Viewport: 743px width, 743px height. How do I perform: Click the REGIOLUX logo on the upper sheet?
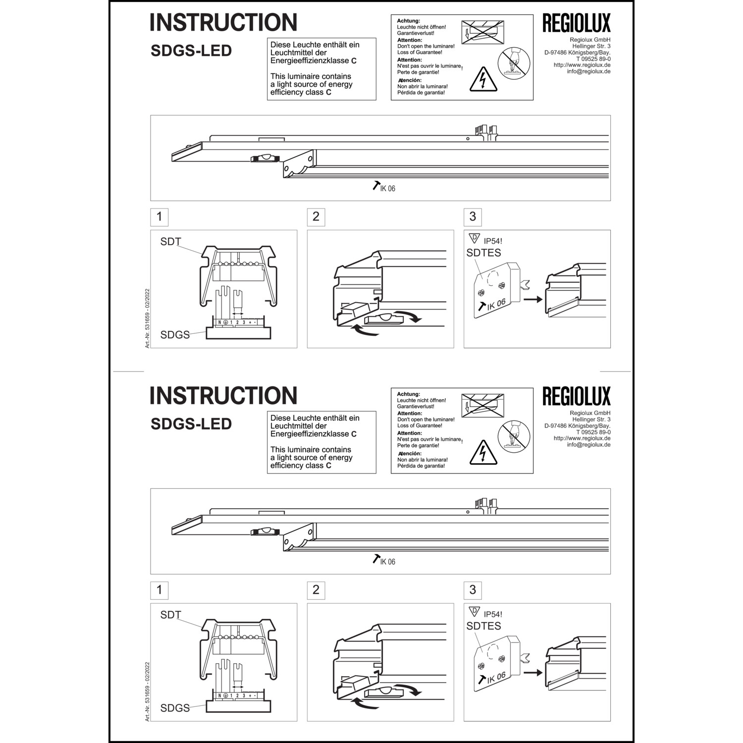click(x=577, y=23)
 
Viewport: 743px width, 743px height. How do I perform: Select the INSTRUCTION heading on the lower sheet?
click(x=223, y=395)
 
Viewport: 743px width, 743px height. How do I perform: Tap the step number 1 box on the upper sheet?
click(x=159, y=216)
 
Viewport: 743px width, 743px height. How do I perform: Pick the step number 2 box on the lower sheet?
click(x=316, y=590)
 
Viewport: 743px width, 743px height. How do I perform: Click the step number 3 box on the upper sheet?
click(x=473, y=216)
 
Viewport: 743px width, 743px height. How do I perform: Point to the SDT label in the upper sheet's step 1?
click(x=170, y=242)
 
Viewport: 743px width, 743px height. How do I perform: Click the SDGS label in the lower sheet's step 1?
click(x=175, y=708)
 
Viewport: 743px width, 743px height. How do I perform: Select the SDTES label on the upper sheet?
click(x=483, y=253)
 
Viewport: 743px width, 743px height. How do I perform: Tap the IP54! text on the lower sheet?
click(x=493, y=614)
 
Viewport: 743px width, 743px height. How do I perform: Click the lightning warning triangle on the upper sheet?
click(x=483, y=79)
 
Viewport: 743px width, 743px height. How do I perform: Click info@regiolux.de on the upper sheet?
click(x=588, y=71)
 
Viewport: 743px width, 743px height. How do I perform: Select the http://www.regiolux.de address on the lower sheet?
click(x=582, y=438)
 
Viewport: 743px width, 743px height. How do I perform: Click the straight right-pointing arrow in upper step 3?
click(x=532, y=300)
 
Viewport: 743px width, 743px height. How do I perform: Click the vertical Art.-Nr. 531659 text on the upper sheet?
click(x=148, y=318)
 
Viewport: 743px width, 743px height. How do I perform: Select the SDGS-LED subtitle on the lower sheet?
click(x=191, y=424)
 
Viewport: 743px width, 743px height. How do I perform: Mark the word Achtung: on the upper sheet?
click(x=409, y=21)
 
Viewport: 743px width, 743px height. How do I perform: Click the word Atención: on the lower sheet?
click(x=410, y=453)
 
